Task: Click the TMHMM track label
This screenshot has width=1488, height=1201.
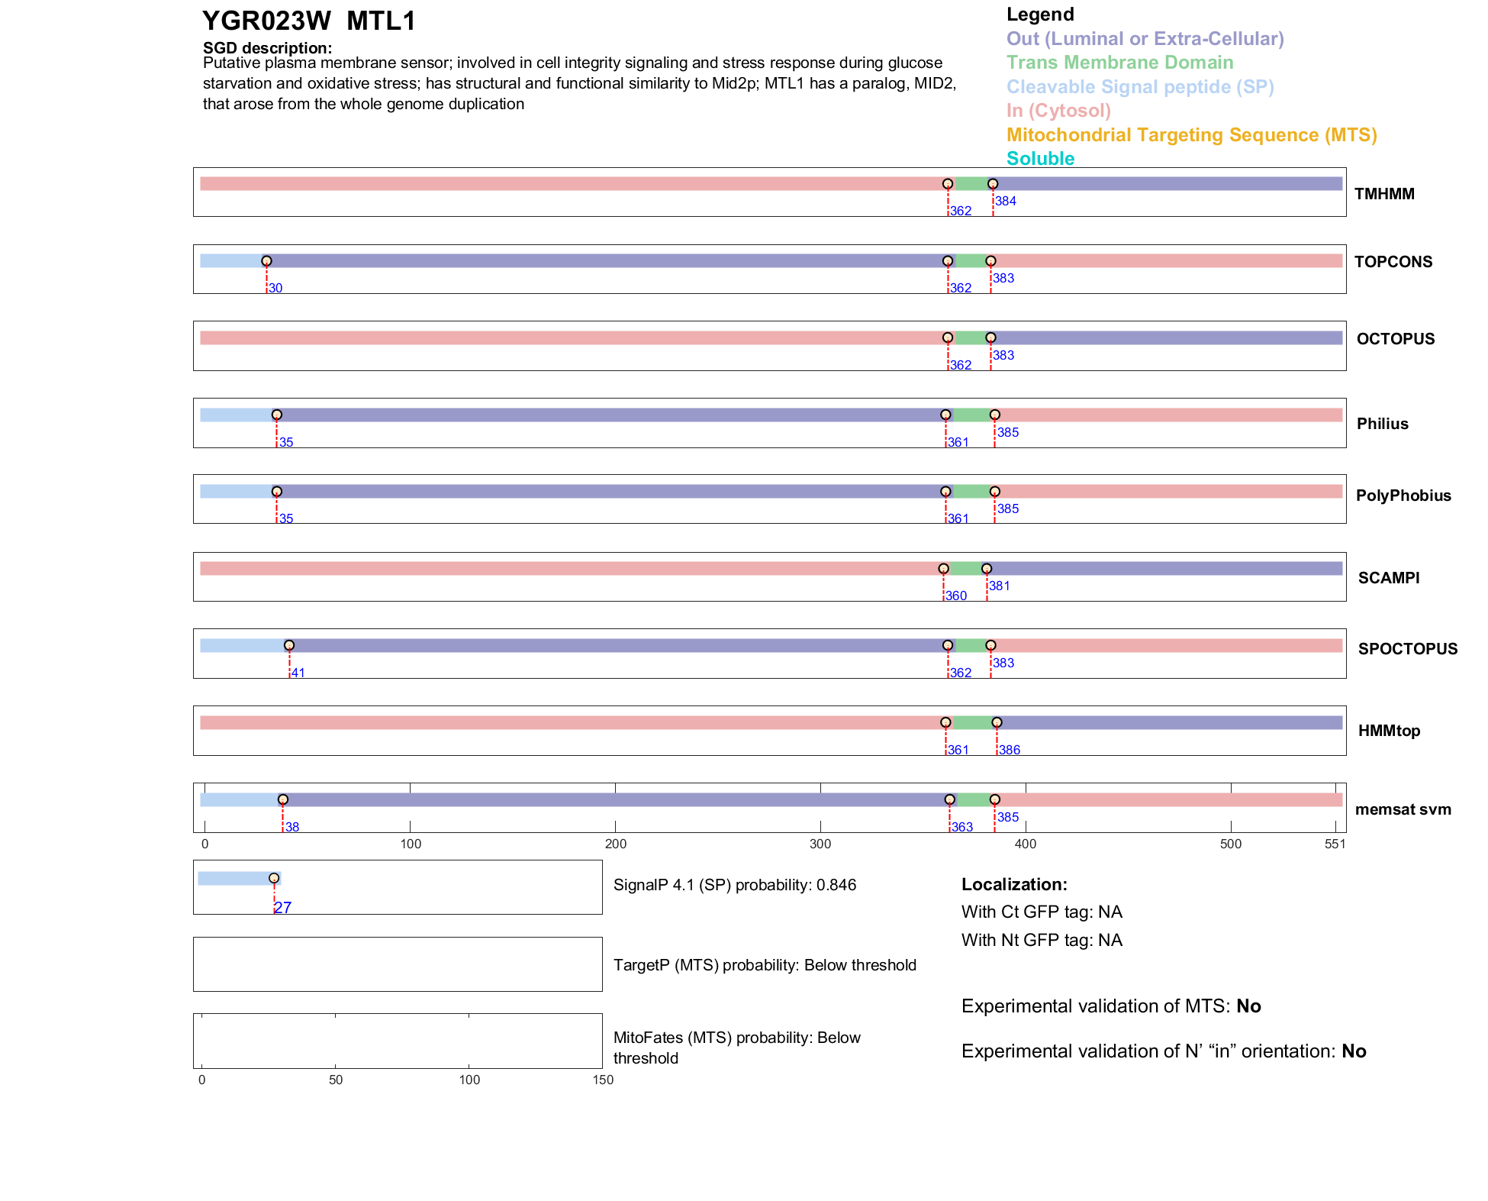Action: pos(1383,194)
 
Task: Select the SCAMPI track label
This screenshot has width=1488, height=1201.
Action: pos(1388,578)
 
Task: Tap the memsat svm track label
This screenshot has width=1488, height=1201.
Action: pos(1403,809)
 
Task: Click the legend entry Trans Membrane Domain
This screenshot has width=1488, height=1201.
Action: pos(1119,63)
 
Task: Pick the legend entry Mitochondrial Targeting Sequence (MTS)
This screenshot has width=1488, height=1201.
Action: pos(1191,135)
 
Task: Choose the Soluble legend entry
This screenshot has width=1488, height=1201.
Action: pos(1040,159)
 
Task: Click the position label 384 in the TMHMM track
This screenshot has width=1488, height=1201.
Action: pos(1005,202)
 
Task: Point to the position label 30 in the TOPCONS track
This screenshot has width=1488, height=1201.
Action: pos(275,289)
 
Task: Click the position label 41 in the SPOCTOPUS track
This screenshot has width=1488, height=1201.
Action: pos(298,673)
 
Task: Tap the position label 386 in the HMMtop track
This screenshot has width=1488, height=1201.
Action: pos(1010,751)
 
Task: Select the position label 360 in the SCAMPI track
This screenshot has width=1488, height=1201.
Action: pos(955,596)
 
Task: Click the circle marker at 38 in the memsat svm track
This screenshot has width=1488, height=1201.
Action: pos(283,799)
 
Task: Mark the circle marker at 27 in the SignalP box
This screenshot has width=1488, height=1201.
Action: pos(274,878)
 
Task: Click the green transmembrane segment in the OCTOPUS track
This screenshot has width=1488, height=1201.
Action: pos(969,338)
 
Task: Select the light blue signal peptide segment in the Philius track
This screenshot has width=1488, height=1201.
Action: pos(237,415)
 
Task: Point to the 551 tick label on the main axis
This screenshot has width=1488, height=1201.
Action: pos(1335,844)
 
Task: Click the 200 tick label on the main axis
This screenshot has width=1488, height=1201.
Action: pos(615,844)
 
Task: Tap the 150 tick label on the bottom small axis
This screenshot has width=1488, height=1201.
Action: pos(603,1080)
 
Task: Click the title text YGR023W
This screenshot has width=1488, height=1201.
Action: pos(266,21)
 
